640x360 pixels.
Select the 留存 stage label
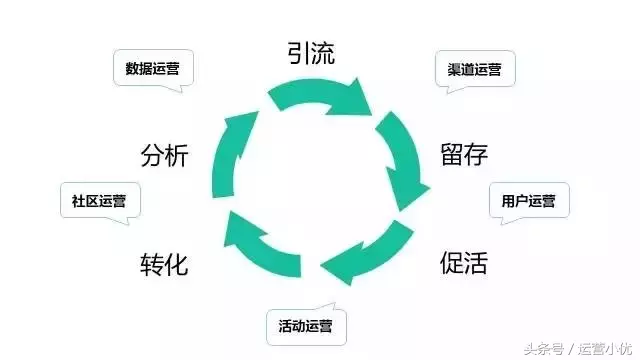[x=464, y=155]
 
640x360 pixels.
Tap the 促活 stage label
[x=464, y=263]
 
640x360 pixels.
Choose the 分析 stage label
[x=165, y=156]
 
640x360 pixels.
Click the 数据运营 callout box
[x=153, y=69]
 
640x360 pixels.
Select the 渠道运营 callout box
[x=475, y=70]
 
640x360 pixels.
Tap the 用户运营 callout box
[x=528, y=200]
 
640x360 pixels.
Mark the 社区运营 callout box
[x=99, y=200]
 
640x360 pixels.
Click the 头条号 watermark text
[x=540, y=348]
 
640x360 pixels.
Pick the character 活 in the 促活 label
[x=477, y=263]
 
